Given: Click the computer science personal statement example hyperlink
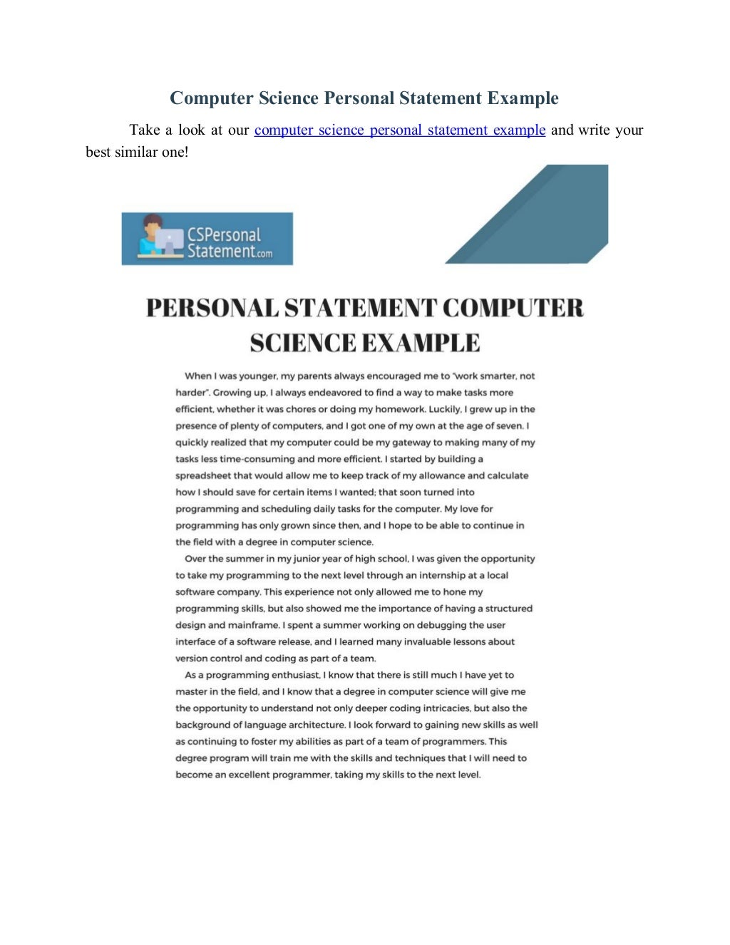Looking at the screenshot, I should (x=399, y=130).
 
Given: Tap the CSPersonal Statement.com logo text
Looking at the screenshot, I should (x=229, y=243).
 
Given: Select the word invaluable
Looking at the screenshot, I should (x=427, y=641).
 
